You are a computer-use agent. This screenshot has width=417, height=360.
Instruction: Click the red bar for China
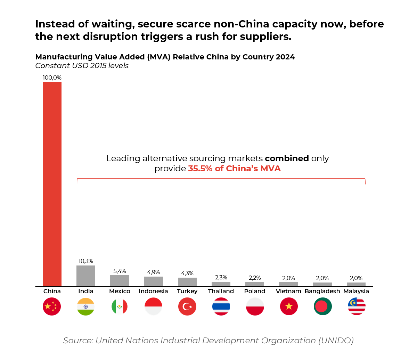[x=52, y=184]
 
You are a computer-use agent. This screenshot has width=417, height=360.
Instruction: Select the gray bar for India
[x=86, y=276]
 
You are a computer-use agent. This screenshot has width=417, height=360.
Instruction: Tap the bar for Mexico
[x=120, y=281]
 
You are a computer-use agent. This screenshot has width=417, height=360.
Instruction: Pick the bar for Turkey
[x=187, y=282]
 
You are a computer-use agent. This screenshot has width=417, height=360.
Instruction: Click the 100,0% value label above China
[x=52, y=78]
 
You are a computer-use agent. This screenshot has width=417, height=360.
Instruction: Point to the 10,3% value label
[x=86, y=261]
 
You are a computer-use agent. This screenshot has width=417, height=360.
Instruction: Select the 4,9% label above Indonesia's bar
[x=153, y=272]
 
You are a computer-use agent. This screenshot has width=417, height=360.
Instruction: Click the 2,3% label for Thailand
[x=221, y=277]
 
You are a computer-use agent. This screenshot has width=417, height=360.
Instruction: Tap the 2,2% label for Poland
[x=255, y=278]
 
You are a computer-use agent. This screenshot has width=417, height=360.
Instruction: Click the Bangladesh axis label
[x=322, y=291]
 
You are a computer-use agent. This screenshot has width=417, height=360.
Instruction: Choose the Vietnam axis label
[x=288, y=291]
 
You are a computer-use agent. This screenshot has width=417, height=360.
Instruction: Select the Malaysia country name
[x=356, y=291]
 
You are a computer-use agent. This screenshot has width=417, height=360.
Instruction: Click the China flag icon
[x=52, y=306]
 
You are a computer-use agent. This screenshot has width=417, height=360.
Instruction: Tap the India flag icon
[x=86, y=306]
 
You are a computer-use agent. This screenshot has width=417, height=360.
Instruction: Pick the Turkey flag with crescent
[x=187, y=306]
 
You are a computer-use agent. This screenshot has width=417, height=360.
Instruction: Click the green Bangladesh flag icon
[x=322, y=306]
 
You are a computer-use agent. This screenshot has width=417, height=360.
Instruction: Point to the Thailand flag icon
[x=221, y=306]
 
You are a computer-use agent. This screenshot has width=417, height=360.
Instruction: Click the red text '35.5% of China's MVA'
[x=234, y=169]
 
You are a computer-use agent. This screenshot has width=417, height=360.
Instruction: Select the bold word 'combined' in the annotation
[x=287, y=158]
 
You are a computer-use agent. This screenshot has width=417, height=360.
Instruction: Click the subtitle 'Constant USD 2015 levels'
[x=82, y=66]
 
